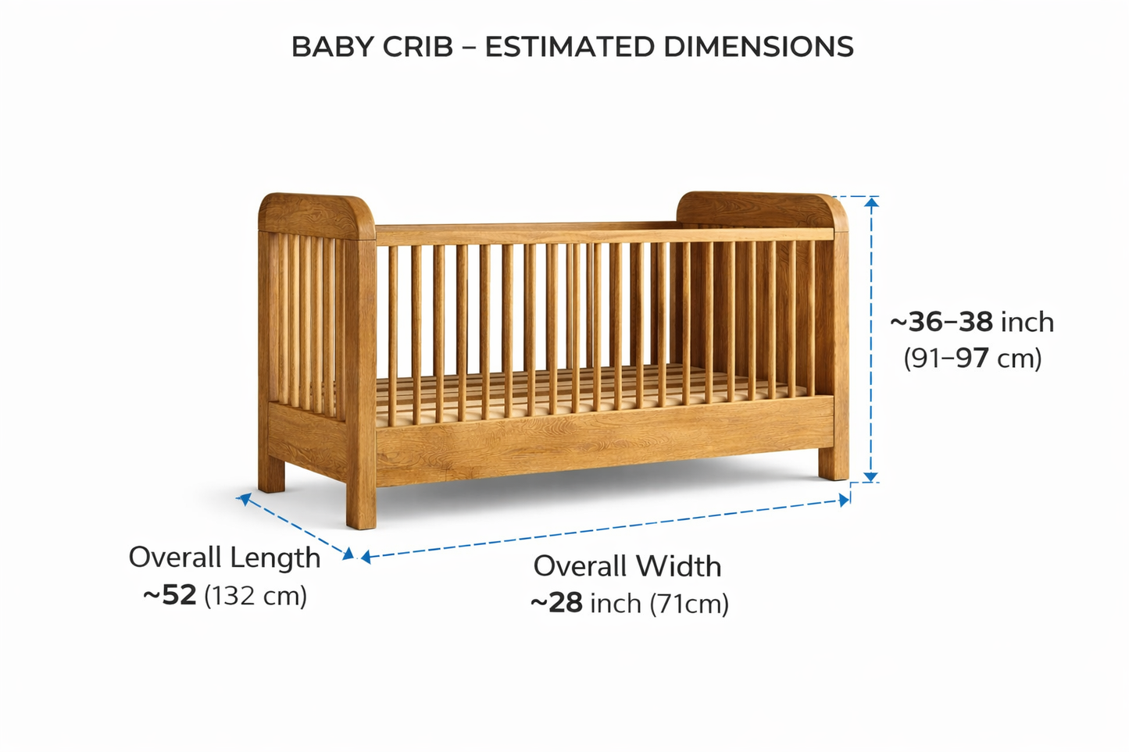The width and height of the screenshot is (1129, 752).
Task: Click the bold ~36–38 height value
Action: tap(941, 322)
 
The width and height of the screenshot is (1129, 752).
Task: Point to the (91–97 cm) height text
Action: tap(973, 358)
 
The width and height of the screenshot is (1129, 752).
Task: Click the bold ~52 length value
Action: tap(170, 595)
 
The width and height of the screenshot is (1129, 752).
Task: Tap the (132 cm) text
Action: tap(255, 596)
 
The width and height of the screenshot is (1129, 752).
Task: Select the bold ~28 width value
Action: tap(556, 603)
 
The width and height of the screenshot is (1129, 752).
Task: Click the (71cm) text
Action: tap(688, 604)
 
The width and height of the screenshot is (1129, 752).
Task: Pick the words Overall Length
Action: tap(224, 558)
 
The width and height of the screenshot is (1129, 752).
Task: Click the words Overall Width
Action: tap(627, 566)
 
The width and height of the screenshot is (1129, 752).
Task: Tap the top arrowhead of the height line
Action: tap(871, 201)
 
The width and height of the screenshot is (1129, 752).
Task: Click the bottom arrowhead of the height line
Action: tap(871, 476)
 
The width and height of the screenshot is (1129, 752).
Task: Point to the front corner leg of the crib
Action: tap(361, 500)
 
